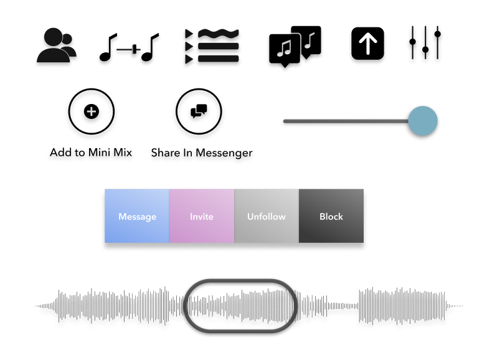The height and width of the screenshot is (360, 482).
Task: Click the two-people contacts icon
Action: click(57, 45)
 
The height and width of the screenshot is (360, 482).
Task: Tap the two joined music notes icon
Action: click(129, 47)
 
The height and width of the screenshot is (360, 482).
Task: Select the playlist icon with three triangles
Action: click(212, 46)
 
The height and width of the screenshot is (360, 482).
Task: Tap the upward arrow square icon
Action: click(367, 44)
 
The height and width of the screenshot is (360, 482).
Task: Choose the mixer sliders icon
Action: click(425, 43)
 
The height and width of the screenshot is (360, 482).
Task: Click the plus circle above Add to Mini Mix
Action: click(92, 111)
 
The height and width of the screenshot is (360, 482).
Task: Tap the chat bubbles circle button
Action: click(199, 111)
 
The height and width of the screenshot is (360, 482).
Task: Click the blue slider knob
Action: click(423, 121)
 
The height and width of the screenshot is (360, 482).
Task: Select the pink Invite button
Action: click(202, 216)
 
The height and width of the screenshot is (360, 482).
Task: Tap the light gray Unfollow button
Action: click(267, 216)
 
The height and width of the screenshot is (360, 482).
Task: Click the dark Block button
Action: click(331, 216)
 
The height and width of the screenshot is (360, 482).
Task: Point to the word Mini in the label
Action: click(99, 153)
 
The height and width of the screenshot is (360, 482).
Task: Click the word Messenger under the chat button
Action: click(224, 153)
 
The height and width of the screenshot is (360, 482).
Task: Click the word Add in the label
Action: click(61, 153)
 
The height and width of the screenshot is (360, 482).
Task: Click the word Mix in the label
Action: click(123, 153)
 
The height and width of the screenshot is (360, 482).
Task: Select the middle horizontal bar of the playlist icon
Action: click(219, 47)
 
